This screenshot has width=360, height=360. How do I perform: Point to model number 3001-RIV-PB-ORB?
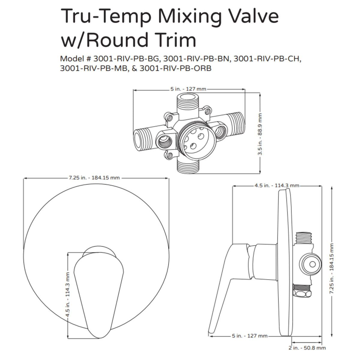coord(176,68)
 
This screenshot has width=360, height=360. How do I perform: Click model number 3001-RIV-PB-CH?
coord(267,59)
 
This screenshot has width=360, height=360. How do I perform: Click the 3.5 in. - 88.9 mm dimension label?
coord(260,134)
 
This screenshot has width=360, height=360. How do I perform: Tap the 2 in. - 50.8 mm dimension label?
coord(307,348)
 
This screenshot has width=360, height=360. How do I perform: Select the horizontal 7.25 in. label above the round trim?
coord(94,178)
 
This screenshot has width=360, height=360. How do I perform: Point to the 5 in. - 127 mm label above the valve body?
coord(188,89)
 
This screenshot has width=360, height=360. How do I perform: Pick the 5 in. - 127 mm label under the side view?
coord(250,336)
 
